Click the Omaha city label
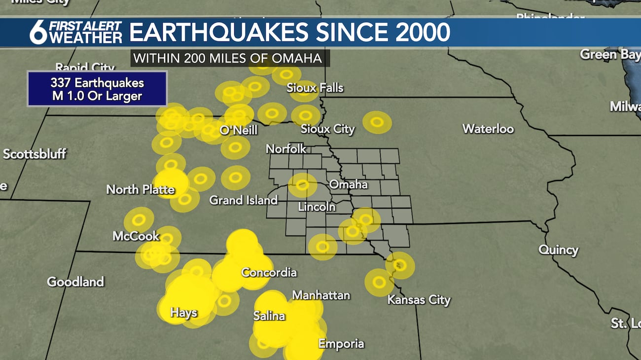coord(348,184)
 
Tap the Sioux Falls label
coord(315,88)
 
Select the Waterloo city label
coord(488,129)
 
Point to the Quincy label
coord(558,250)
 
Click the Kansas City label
coord(419,300)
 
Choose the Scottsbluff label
coord(35,154)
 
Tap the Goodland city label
coord(75,282)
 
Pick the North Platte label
coord(141,189)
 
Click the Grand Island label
coord(244,200)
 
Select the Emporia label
coord(341,344)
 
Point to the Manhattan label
coord(321,295)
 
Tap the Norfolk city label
coord(286,149)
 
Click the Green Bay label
coord(609,54)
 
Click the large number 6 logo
coord(38,33)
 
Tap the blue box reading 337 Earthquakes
coord(97,89)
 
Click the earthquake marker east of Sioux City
coord(377,122)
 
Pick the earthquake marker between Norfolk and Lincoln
coord(303,185)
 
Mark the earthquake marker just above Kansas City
coord(400,265)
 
